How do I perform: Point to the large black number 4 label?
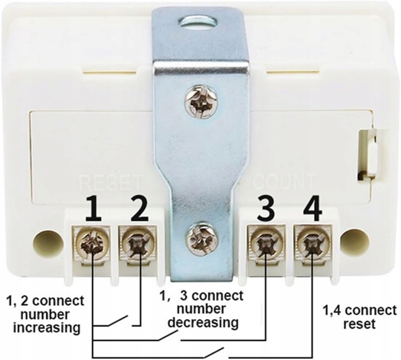pos(312,209)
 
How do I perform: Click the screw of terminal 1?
pos(91,242)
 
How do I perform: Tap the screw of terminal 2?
pos(138,242)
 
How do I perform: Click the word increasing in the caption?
pos(47,327)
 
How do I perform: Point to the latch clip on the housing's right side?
pos(368,155)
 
